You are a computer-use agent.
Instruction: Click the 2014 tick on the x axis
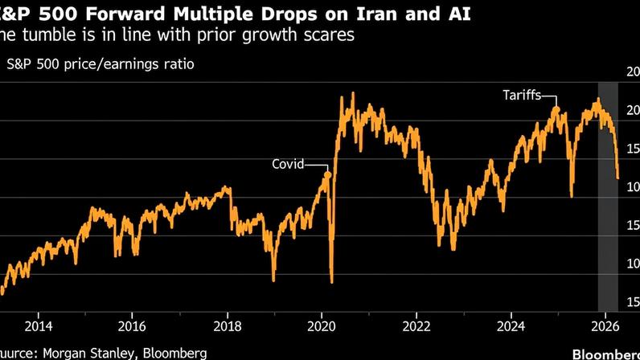point(38,325)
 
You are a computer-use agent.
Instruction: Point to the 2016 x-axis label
point(132,325)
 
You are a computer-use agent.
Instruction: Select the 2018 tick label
point(228,325)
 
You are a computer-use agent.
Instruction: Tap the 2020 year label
point(322,325)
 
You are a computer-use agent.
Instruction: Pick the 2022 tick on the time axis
point(416,325)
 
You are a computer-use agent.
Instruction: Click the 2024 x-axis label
point(511,325)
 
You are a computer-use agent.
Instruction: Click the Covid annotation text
point(288,164)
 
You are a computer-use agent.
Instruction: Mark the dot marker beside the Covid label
point(326,174)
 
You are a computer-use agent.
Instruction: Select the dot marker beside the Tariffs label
point(556,109)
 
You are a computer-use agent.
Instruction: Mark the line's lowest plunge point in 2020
point(332,282)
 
